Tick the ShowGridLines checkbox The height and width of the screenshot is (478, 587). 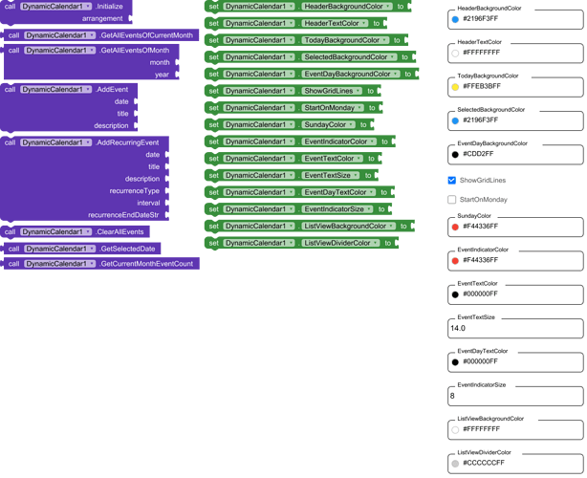point(452,181)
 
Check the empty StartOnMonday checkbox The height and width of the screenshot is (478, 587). point(452,200)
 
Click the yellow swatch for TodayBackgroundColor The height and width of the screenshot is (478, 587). point(455,87)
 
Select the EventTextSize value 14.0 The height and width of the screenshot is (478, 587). point(458,328)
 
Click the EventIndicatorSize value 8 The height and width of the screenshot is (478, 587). point(452,396)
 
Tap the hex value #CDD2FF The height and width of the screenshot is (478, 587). point(478,154)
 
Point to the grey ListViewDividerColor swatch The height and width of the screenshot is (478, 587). point(455,464)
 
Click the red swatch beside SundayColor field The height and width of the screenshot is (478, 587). point(455,227)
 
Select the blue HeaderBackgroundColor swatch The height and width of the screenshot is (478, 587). point(455,19)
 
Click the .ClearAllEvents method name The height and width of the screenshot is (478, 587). point(120,232)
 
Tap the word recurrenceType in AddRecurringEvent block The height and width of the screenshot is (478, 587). point(135,191)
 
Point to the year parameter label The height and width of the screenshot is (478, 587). point(163,75)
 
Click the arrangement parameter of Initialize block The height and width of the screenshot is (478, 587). point(102,19)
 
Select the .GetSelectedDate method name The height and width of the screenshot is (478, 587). point(127,249)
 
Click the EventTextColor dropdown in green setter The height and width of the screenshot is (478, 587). point(333,159)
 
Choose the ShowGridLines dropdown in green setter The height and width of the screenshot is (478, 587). point(332,91)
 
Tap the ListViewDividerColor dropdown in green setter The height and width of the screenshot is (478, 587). point(340,244)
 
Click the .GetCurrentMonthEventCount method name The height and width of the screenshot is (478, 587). point(146,264)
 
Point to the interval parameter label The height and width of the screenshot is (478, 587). point(148,204)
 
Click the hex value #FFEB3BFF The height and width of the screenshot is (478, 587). point(482,86)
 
